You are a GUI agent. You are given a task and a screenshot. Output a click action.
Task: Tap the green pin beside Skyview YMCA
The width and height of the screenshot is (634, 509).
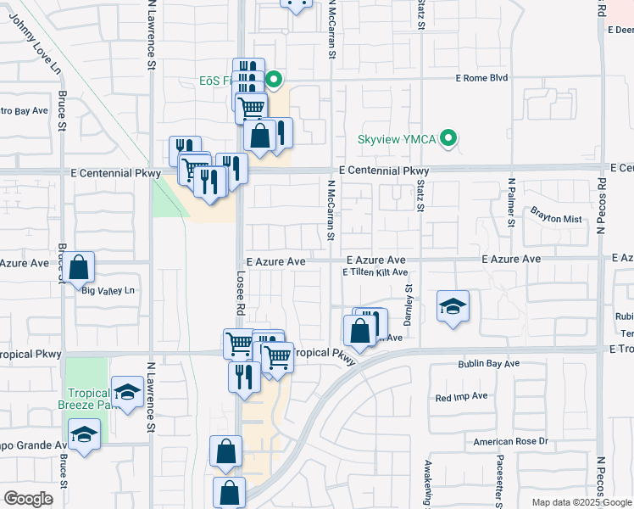coord(450,137)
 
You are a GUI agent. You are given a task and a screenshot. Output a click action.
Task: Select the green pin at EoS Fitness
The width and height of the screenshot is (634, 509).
coord(274,81)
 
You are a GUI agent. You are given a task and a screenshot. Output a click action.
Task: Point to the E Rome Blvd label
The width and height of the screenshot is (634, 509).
coord(481,78)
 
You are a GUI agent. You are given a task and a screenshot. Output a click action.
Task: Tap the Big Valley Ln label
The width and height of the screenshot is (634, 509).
coord(108,291)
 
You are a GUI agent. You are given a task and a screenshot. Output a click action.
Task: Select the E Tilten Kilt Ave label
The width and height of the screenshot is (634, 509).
coord(375,272)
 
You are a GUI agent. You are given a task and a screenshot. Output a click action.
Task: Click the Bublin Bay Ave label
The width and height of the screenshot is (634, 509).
coord(488,364)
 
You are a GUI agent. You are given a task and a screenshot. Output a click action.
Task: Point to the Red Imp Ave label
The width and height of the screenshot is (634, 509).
coord(461,396)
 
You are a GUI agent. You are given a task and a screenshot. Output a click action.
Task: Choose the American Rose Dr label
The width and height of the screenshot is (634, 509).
coord(511,441)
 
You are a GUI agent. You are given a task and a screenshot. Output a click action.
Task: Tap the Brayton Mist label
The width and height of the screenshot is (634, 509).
coord(556,219)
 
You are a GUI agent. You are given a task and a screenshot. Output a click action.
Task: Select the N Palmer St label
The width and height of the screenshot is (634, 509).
coord(511,204)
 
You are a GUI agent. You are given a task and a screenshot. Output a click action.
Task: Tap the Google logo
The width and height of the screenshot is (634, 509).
coord(28,498)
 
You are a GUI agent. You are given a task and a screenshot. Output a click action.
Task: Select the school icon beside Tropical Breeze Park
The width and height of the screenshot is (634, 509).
coord(127,391)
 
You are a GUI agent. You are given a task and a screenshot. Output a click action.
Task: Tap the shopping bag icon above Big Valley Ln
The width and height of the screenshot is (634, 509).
coord(79,267)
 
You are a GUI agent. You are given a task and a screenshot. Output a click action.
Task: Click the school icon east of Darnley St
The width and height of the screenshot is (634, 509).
coord(453,305)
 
